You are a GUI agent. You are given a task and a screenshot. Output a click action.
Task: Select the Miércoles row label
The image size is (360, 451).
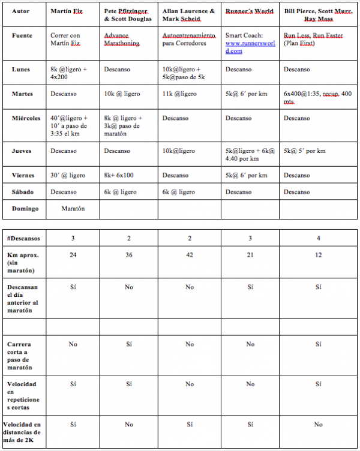[x=25, y=118]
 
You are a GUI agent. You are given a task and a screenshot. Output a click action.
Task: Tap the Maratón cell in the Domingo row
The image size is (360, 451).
[x=73, y=209]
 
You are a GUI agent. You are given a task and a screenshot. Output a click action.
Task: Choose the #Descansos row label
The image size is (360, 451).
[x=22, y=238]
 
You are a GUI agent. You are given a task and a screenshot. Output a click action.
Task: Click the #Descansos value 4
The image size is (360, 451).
[x=318, y=238]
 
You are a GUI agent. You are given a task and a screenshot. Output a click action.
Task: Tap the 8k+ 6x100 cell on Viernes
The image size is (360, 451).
[x=119, y=175]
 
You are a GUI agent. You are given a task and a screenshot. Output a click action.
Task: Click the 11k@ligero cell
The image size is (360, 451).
[x=179, y=94]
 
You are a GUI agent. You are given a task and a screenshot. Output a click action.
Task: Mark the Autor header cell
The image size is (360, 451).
[x=20, y=11]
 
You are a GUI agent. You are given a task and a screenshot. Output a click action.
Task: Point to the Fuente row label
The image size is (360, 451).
[x=22, y=35]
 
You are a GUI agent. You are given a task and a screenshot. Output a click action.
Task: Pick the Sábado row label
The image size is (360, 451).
[x=23, y=192]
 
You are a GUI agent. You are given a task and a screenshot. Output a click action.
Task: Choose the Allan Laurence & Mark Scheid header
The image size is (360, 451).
[x=188, y=15]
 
